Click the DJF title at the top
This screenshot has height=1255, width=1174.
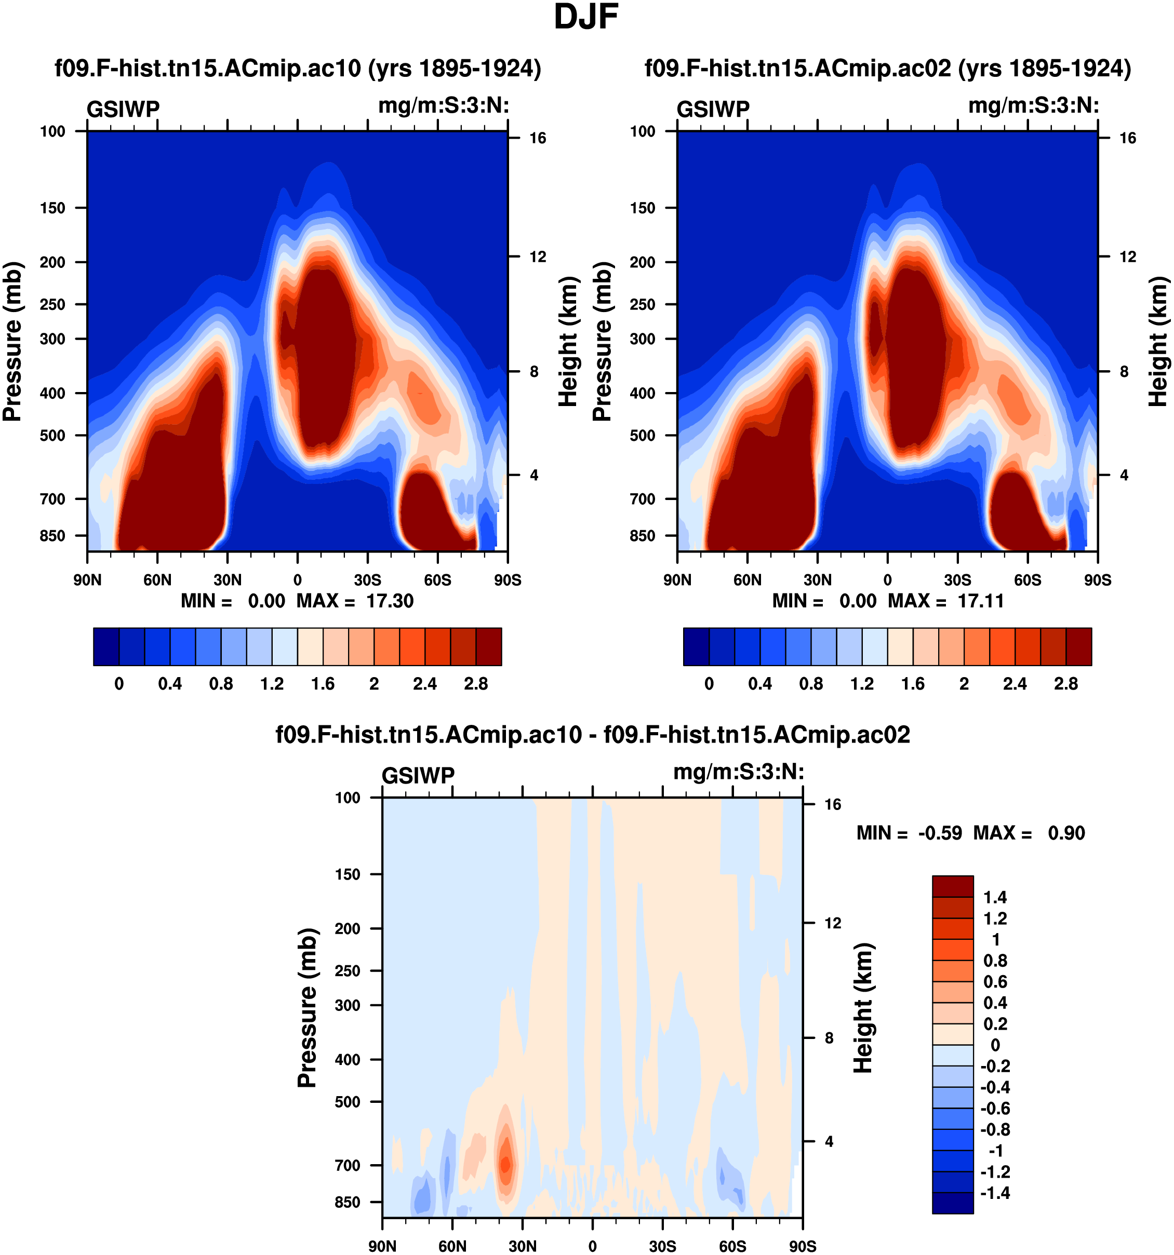pos(585,17)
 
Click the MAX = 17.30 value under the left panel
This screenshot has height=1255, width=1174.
pos(355,601)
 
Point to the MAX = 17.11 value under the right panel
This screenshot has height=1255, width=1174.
pos(946,601)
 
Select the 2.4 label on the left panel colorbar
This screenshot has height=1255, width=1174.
pos(425,684)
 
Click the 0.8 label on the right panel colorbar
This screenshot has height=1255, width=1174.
pos(811,684)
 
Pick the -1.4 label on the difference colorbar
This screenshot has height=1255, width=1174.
pos(995,1193)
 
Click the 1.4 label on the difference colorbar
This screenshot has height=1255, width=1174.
pos(995,897)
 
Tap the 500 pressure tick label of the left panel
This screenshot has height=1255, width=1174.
pos(52,436)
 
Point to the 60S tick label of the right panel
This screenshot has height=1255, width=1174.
pos(1028,580)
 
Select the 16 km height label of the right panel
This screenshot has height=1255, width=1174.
pos(1128,138)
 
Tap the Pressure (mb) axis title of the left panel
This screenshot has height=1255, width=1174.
pos(12,341)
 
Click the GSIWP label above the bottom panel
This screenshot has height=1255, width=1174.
pos(418,775)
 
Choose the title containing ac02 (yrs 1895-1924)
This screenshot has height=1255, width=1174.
pos(887,68)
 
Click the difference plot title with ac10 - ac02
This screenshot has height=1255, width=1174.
pos(592,735)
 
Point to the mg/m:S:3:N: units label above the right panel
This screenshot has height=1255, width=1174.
pos(1033,105)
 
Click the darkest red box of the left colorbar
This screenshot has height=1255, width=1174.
pos(489,646)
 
